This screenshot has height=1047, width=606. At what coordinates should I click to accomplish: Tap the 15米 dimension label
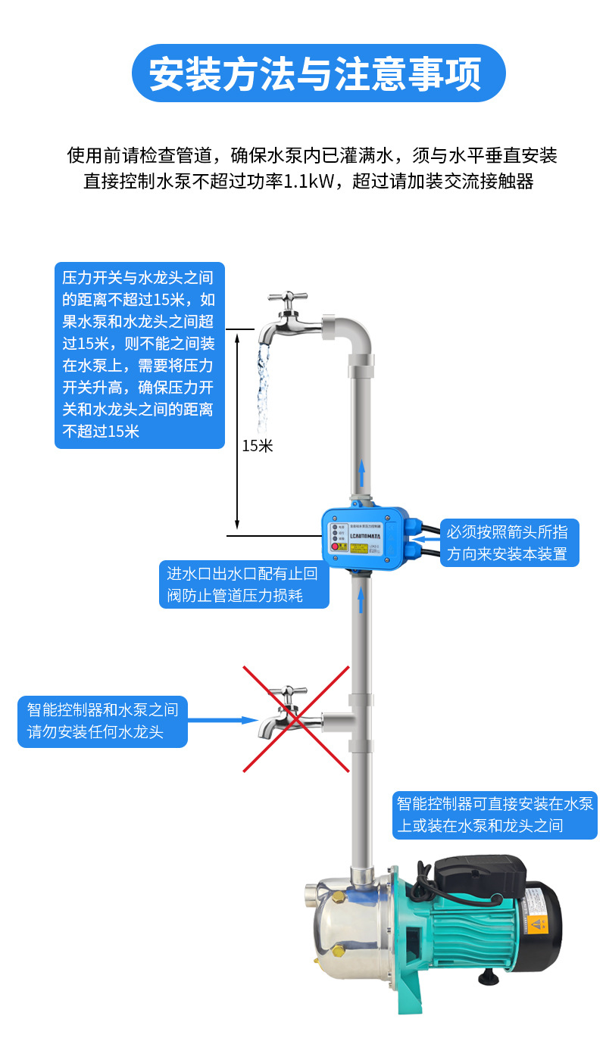coord(258,446)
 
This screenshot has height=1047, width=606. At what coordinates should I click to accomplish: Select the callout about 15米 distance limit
coord(139,354)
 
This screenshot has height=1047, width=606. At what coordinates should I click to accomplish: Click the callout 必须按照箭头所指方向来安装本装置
coord(508,542)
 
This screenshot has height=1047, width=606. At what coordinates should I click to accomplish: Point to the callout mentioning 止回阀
coord(243,584)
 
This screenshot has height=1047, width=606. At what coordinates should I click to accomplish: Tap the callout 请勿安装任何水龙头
coord(102,721)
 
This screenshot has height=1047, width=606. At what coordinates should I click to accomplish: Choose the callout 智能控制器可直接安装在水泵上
coord(495,814)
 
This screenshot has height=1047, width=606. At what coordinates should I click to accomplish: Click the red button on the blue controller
coord(334,547)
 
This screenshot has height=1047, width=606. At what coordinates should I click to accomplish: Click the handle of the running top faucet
coord(287,297)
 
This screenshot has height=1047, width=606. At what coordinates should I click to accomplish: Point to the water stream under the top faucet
coord(262,386)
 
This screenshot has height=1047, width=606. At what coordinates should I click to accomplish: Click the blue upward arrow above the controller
coord(361,473)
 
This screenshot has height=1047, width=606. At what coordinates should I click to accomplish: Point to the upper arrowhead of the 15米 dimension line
coord(237,334)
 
